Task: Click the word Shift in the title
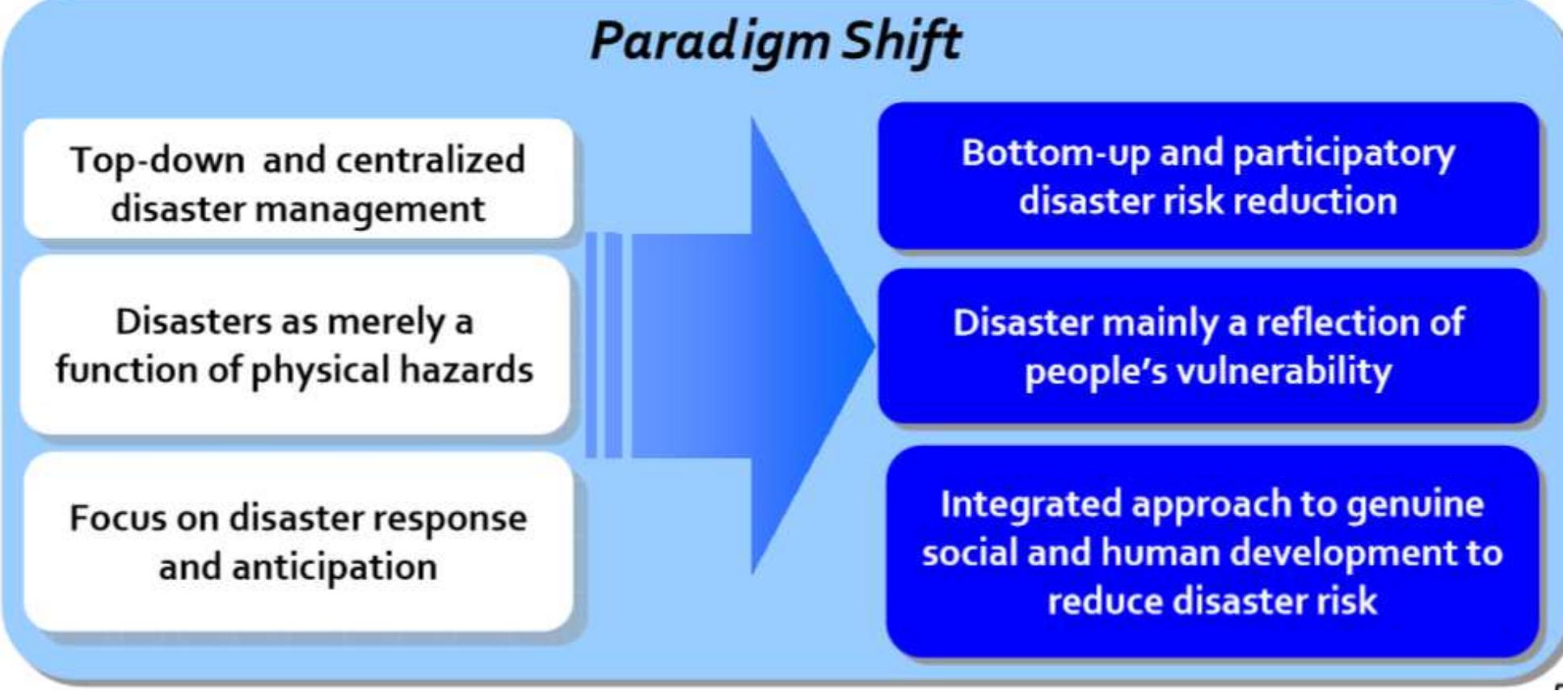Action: (900, 40)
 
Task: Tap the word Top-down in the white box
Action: (157, 160)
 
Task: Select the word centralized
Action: (431, 160)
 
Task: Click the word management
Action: (370, 209)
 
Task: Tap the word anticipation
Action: (335, 567)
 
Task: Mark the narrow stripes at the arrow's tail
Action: (604, 346)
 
